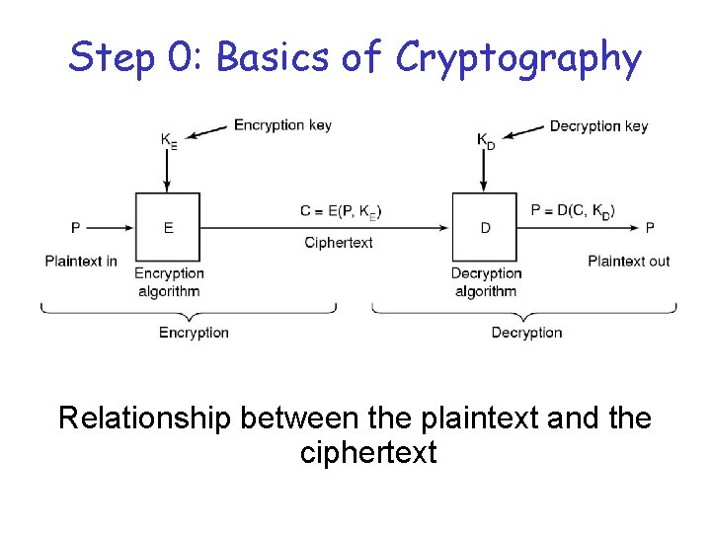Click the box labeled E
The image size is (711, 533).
point(168,227)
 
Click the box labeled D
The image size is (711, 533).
point(485,227)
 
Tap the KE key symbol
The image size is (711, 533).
point(169,141)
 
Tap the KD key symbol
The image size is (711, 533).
point(485,141)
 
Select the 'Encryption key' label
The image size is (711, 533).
point(282,125)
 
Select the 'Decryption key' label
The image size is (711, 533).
point(598,125)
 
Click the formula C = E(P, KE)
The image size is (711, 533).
point(341,210)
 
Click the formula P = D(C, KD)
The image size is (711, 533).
point(573,210)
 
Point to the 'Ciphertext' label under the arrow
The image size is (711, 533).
point(339,243)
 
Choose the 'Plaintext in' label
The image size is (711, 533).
point(81,261)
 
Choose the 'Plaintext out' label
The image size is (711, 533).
point(628,261)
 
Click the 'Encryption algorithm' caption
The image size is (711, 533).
point(169,282)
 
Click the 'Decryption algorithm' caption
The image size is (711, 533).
point(486,282)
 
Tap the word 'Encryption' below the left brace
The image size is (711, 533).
point(194,333)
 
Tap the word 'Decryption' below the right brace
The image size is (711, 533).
point(526,333)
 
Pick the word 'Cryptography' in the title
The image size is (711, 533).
point(518,59)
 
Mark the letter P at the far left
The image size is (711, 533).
point(76,228)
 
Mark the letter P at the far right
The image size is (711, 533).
point(650,228)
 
